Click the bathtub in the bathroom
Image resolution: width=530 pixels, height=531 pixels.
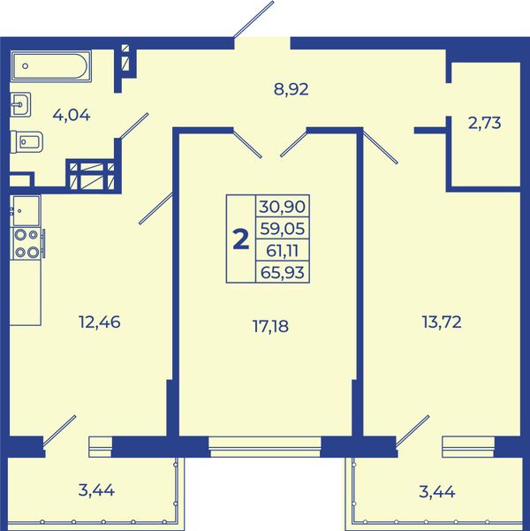coord(51,66)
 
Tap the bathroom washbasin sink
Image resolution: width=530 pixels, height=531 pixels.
coord(20,104)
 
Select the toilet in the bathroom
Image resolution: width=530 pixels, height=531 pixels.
coord(26,142)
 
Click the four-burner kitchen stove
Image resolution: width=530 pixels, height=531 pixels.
coord(27,244)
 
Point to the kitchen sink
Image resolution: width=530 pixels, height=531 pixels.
coord(26,210)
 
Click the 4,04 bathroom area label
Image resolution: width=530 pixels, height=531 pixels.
coord(72,116)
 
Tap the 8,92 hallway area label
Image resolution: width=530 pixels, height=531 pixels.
coord(291,90)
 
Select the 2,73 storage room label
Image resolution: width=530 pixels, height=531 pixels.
coord(484,123)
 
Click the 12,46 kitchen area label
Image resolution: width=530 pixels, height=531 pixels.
coord(99,322)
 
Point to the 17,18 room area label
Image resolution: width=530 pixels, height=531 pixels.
coord(270,326)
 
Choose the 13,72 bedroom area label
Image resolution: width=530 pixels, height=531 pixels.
coord(442,322)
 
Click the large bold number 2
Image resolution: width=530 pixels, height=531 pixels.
coord(241,239)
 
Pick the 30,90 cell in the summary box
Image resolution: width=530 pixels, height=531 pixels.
coord(282,206)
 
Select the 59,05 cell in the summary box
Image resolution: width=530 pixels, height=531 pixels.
coord(282,229)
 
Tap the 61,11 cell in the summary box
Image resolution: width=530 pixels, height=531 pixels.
coord(282,251)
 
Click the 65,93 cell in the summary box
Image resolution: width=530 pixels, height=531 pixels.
coord(282,272)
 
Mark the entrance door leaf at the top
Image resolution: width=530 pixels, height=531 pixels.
coord(254,19)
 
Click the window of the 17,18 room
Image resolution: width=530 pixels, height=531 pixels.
coord(265,447)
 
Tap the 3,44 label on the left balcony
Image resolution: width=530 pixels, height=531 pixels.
coord(96,490)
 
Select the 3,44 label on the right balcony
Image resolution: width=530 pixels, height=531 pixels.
coord(437,492)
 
